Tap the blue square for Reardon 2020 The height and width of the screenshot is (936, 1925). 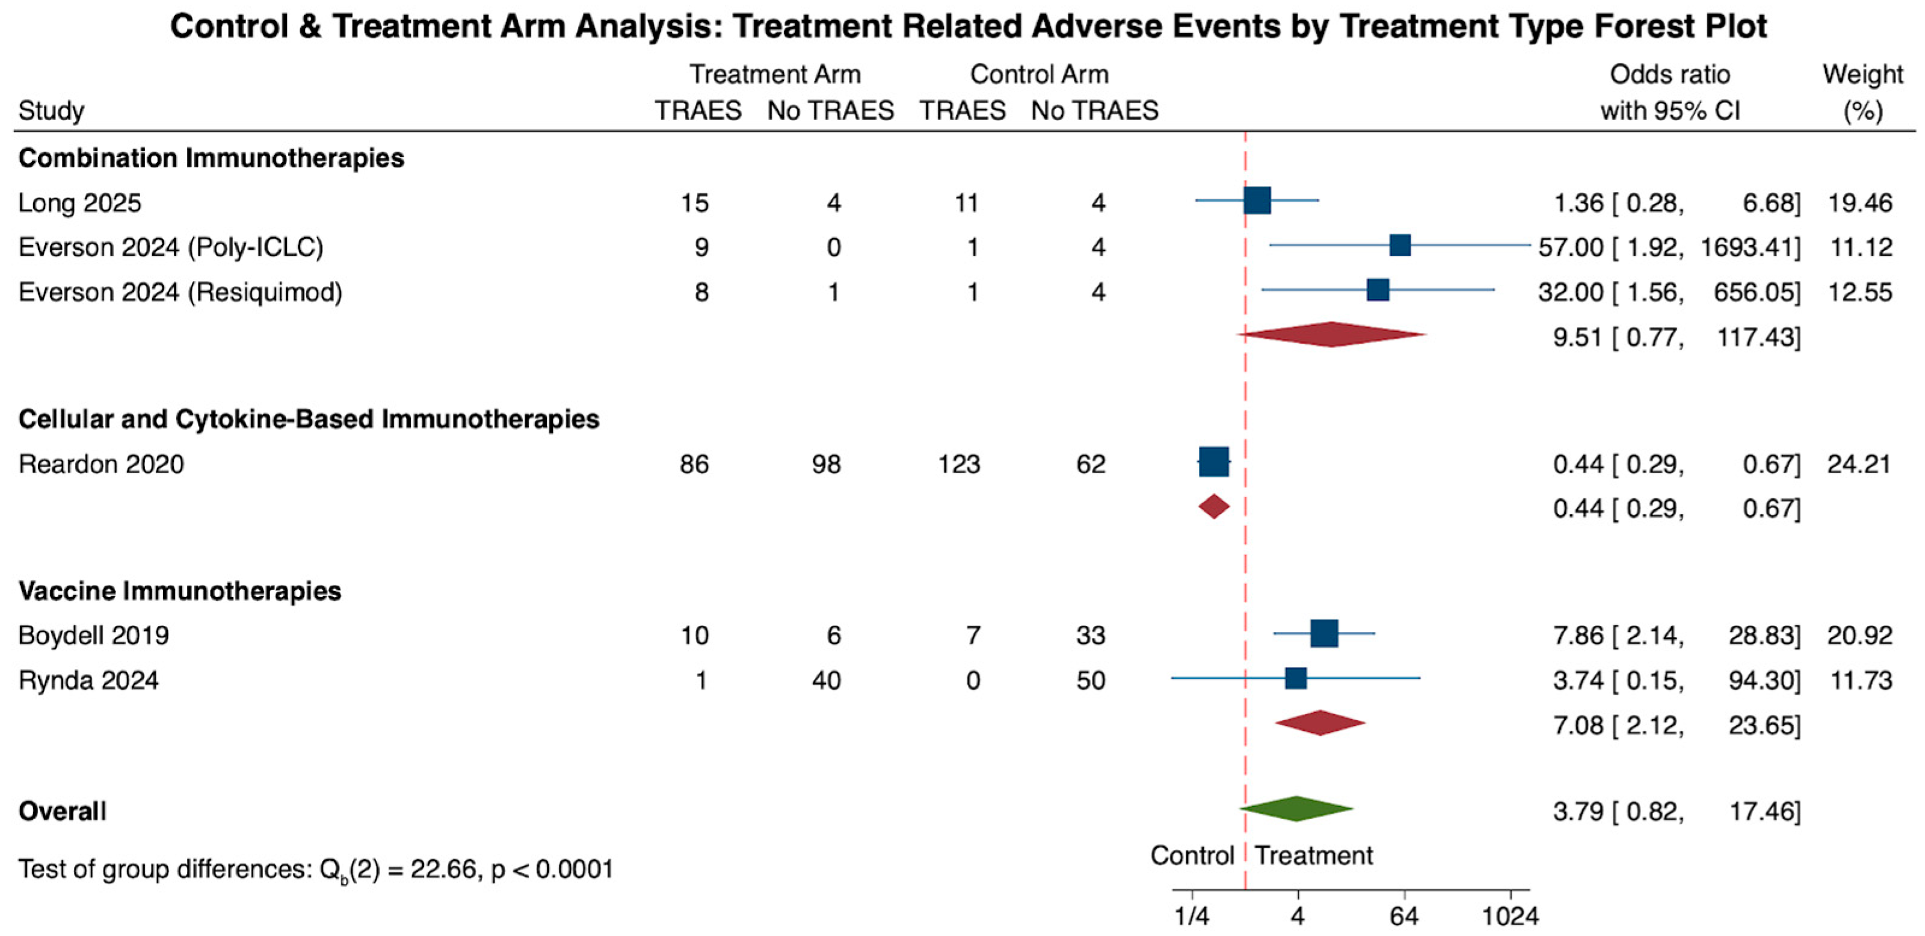pyautogui.click(x=1213, y=462)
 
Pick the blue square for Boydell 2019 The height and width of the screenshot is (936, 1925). pyautogui.click(x=1324, y=633)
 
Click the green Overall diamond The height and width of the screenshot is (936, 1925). pyautogui.click(x=1296, y=809)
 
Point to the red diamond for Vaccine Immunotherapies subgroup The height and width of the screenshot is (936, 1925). pyautogui.click(x=1320, y=723)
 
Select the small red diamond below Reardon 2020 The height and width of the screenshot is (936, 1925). pyautogui.click(x=1213, y=507)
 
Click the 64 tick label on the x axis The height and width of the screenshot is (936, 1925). pyautogui.click(x=1404, y=916)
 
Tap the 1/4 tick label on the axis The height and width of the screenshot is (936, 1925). pyautogui.click(x=1191, y=916)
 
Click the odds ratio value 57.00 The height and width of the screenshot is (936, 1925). pyautogui.click(x=1571, y=247)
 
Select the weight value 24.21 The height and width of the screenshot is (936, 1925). pyautogui.click(x=1860, y=464)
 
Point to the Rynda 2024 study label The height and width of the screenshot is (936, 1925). pyautogui.click(x=88, y=680)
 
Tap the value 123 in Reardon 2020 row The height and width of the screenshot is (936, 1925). pyautogui.click(x=959, y=464)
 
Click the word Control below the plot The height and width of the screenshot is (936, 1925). pyautogui.click(x=1192, y=855)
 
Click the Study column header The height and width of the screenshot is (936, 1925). pyautogui.click(x=51, y=111)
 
